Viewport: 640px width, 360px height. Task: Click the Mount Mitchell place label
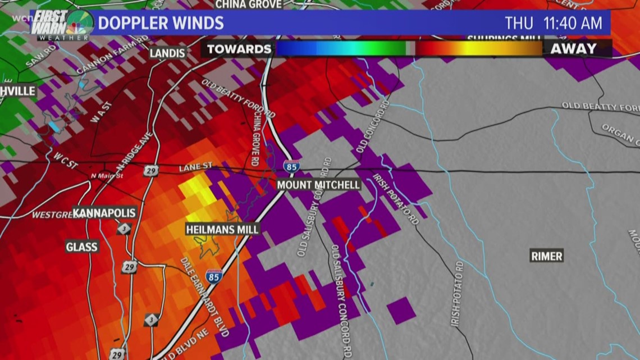click(318, 185)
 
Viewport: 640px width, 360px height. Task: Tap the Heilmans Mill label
click(223, 229)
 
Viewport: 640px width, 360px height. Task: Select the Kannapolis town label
click(104, 213)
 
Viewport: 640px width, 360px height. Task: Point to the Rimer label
click(546, 256)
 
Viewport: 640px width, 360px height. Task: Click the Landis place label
click(167, 53)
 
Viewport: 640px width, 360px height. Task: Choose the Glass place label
click(81, 247)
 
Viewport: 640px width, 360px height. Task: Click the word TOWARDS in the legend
click(239, 49)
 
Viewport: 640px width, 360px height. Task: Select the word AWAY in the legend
click(573, 49)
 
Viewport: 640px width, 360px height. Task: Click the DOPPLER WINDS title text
click(161, 24)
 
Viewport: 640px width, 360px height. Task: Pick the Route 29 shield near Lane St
click(150, 170)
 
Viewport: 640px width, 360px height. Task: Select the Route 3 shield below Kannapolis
click(125, 229)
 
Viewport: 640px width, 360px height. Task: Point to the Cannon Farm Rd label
click(112, 55)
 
